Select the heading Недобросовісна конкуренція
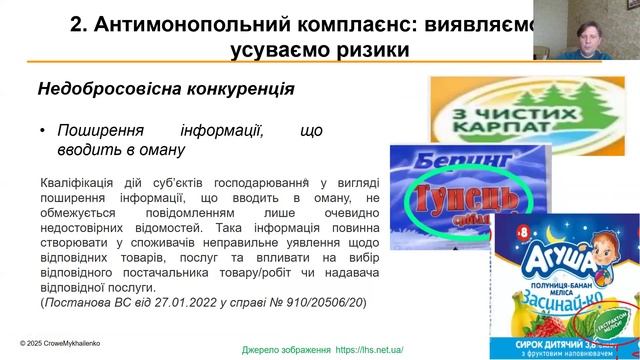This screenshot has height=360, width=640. click(165, 89)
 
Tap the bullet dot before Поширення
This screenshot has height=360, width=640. click(43, 130)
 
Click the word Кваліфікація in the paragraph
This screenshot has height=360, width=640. click(78, 184)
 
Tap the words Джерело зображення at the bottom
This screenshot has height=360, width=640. click(286, 350)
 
